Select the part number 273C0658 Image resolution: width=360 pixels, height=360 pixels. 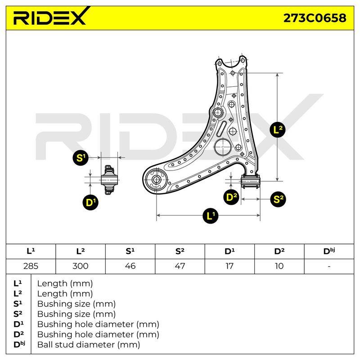[x=315, y=18]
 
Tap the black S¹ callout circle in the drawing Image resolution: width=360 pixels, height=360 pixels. [x=81, y=157]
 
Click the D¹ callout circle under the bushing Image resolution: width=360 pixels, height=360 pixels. [x=90, y=202]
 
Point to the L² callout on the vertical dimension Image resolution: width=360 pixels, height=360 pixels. [x=278, y=130]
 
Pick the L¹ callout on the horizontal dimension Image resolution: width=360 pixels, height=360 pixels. [x=211, y=216]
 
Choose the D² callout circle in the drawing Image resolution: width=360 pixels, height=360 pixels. [x=231, y=197]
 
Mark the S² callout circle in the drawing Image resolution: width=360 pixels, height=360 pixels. [x=278, y=199]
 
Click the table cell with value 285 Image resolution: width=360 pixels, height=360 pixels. [x=31, y=266]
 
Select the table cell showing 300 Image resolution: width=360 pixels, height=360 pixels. [x=81, y=266]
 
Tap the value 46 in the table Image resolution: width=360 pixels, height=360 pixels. [x=130, y=266]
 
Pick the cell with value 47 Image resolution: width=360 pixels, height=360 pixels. [x=180, y=266]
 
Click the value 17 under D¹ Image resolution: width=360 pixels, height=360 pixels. [x=229, y=266]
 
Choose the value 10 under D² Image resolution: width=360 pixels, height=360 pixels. [x=279, y=266]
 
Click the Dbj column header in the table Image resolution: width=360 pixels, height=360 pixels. [x=329, y=251]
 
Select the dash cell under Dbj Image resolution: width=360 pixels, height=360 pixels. [x=329, y=266]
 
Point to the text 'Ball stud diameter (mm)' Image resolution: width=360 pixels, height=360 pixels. [x=89, y=345]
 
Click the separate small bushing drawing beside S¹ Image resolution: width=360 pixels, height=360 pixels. [x=109, y=180]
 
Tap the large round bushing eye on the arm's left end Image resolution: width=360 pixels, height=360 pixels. [x=156, y=179]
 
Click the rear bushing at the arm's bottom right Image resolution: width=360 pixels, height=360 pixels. [x=250, y=181]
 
